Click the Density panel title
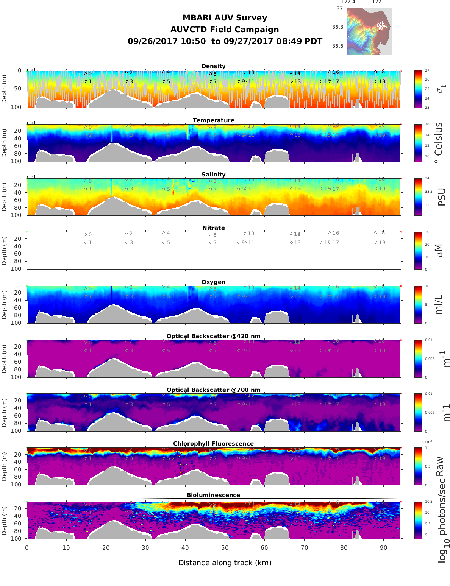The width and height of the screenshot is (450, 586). click(213, 66)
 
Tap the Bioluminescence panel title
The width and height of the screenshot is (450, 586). click(213, 495)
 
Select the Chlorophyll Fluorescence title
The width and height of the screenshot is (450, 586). click(213, 444)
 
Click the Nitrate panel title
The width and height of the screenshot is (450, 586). click(213, 228)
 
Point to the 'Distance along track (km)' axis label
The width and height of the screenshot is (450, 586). click(225, 563)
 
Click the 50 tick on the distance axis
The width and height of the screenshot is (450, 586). click(225, 547)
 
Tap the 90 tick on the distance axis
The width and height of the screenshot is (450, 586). click(383, 547)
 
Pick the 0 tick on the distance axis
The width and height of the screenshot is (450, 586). click(27, 547)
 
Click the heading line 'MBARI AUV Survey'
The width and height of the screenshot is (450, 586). click(225, 18)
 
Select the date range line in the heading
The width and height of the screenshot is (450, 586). click(225, 41)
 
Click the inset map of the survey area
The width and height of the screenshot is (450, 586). click(369, 31)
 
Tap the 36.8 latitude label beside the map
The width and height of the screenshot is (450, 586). click(337, 27)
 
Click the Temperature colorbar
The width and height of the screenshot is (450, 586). click(418, 143)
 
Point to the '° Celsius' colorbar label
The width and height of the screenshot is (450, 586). click(438, 143)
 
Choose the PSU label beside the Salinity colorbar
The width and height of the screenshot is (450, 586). click(441, 197)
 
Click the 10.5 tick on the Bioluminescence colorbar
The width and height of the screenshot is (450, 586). click(428, 502)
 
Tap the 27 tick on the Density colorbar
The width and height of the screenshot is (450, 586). click(427, 70)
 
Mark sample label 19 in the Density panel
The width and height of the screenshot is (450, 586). click(382, 81)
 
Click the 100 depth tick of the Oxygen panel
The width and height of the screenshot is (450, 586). click(16, 323)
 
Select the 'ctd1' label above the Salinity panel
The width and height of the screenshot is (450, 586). click(31, 177)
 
